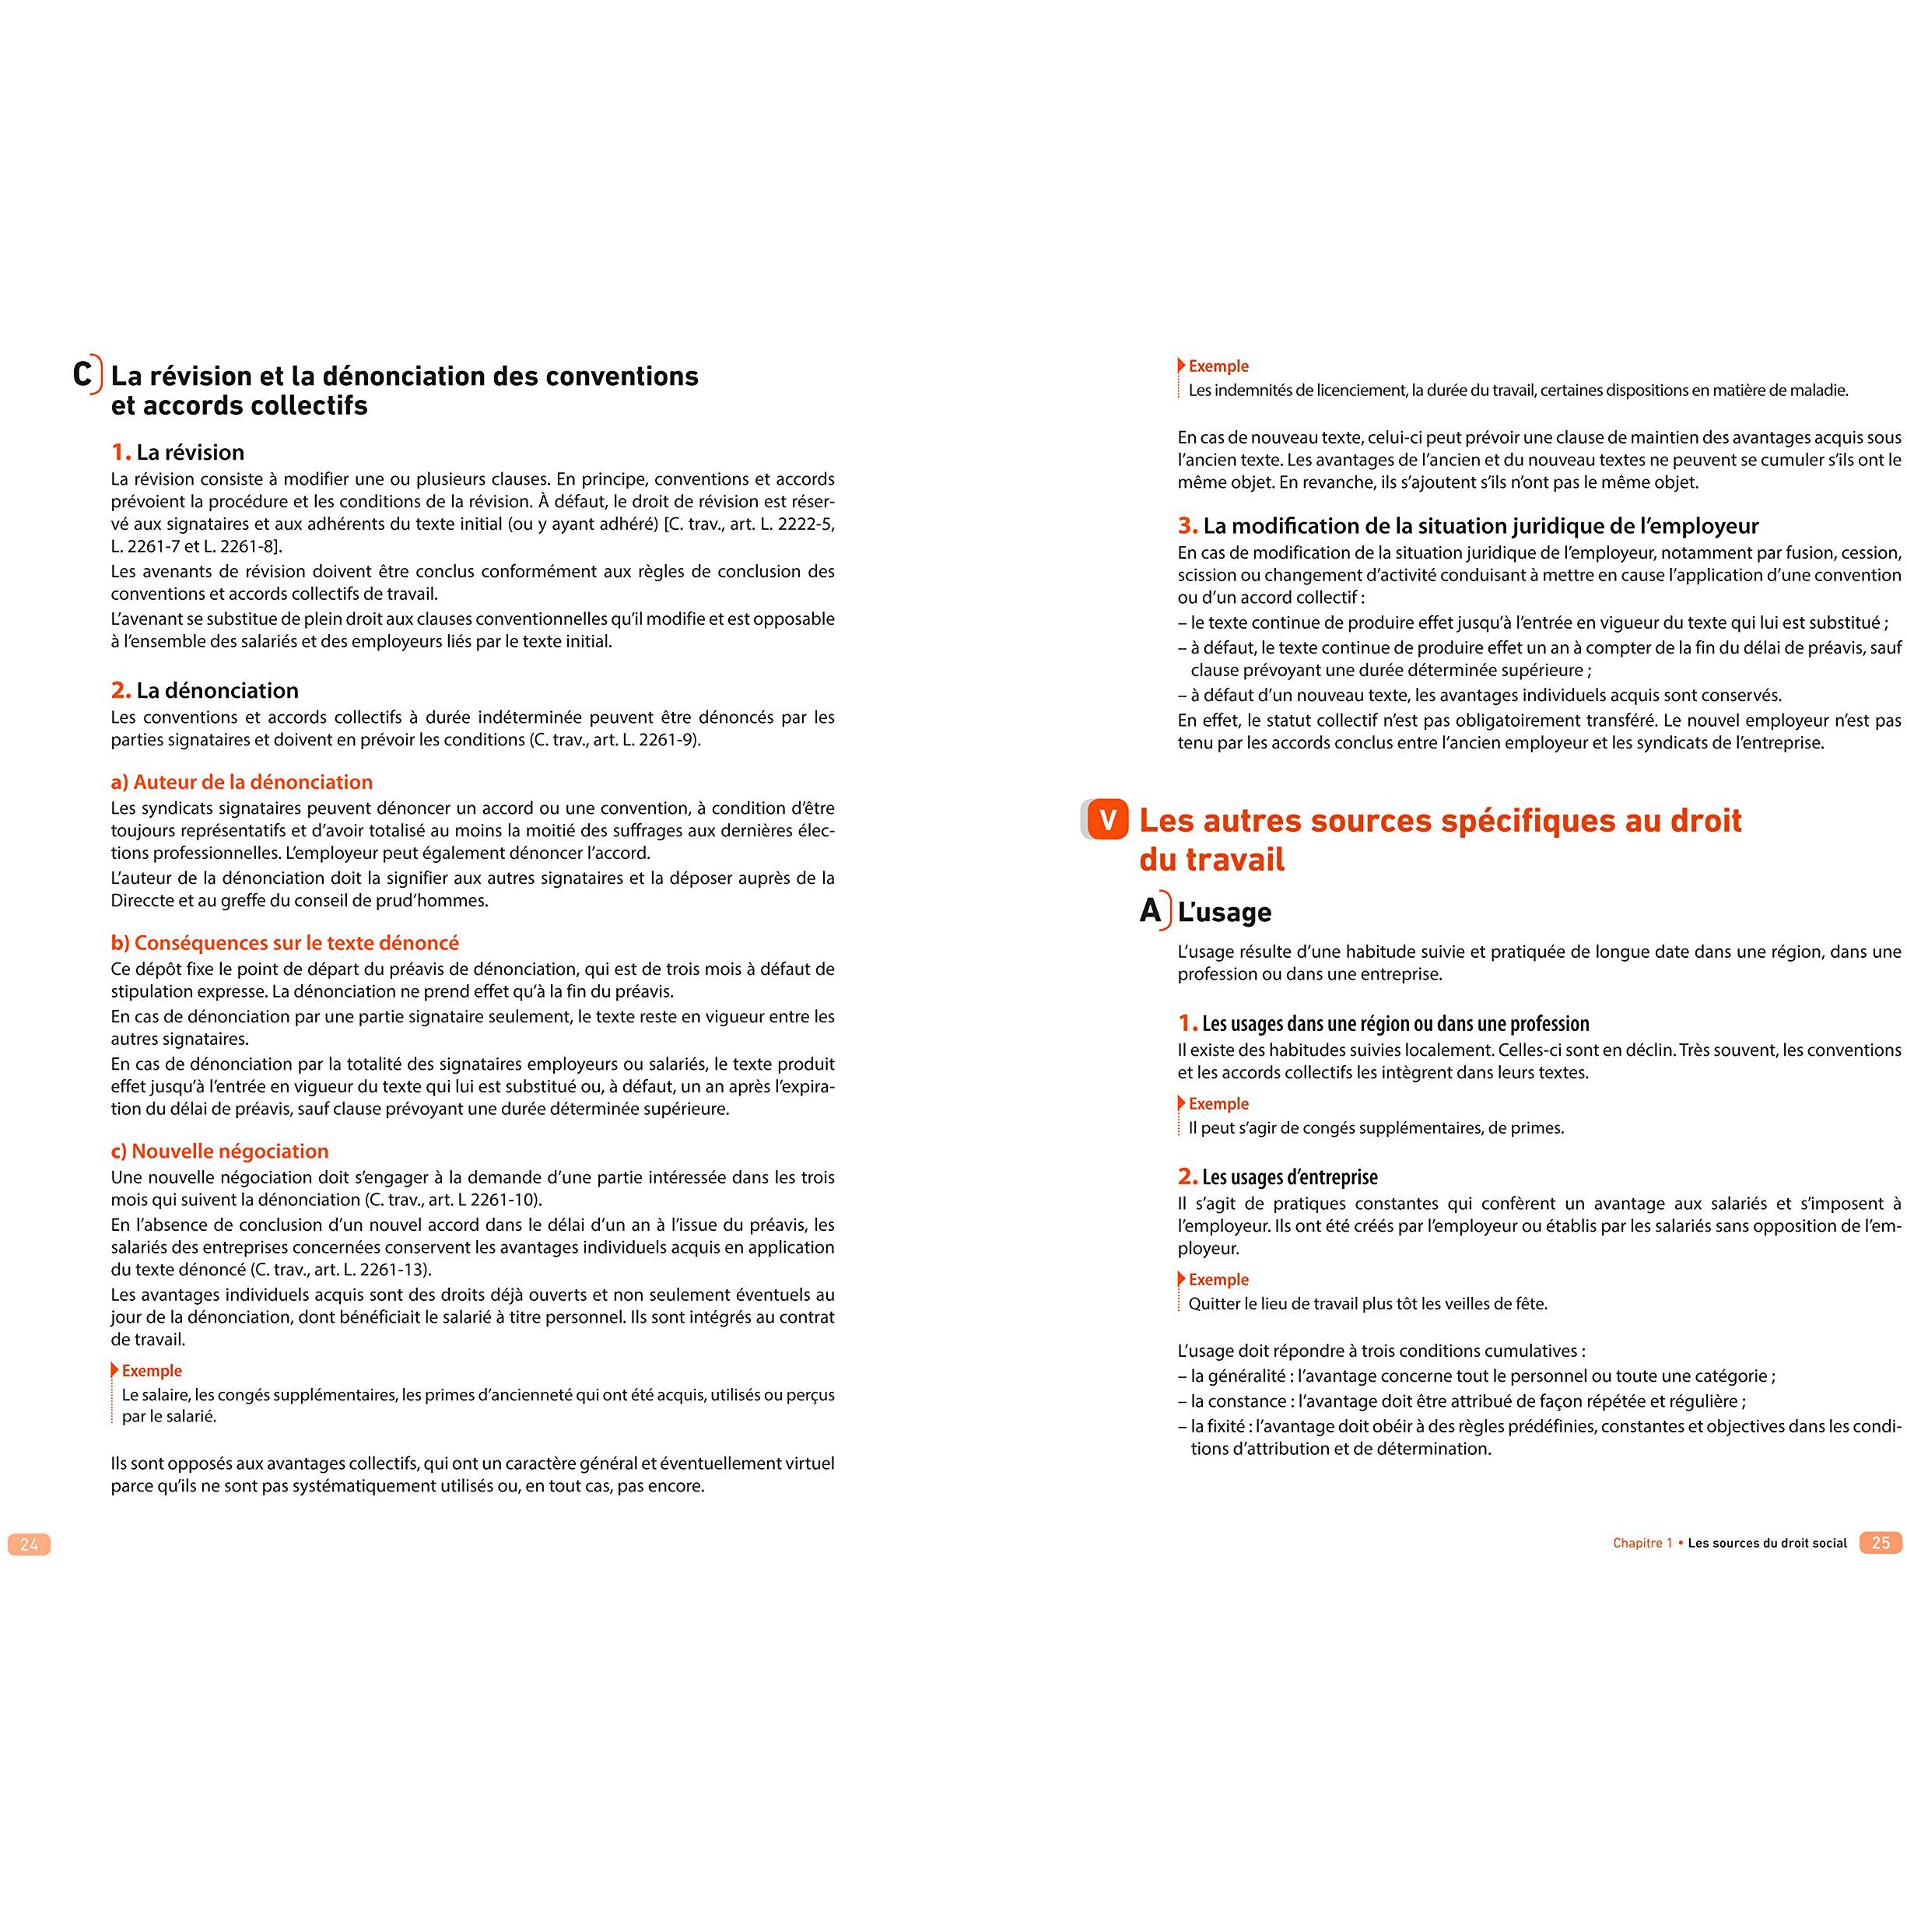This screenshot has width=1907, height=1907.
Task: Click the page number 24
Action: point(29,1544)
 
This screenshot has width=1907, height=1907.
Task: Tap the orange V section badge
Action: point(1106,820)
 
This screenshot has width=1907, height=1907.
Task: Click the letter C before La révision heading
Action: point(84,374)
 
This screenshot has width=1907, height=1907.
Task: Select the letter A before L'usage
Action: point(1150,910)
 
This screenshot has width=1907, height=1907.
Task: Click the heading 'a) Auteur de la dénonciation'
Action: point(242,782)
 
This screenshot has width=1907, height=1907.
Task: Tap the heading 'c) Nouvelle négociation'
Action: point(219,1151)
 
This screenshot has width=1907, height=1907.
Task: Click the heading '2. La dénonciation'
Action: point(205,690)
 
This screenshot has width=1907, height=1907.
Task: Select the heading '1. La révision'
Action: point(177,452)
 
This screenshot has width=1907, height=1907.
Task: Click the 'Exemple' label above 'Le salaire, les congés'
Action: point(151,1370)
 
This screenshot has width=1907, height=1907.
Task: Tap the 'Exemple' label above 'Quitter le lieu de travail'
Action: point(1218,1279)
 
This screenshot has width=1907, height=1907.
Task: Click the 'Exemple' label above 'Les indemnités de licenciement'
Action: point(1218,366)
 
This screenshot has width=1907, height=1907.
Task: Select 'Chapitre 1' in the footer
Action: point(1642,1543)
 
